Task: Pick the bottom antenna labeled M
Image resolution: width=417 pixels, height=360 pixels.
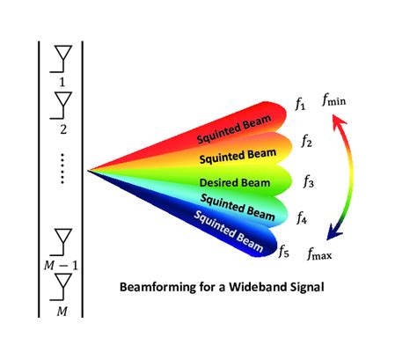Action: [x=62, y=285]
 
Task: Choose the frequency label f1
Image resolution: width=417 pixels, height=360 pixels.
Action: [x=300, y=107]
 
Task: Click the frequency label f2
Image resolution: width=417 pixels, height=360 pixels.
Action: [x=307, y=139]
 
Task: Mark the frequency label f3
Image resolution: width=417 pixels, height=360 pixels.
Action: [x=309, y=182]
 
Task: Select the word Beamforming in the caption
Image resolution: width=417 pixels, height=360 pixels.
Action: [x=150, y=286]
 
